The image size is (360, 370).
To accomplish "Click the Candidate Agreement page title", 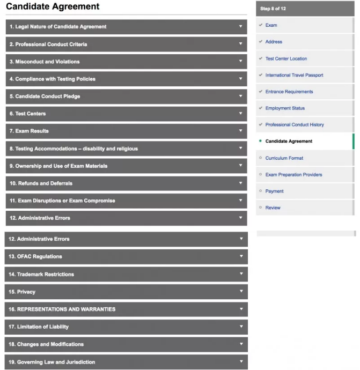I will [x=53, y=7].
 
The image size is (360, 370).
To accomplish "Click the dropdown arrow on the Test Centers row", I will [x=241, y=113].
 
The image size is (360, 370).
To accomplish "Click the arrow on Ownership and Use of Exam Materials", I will [x=241, y=165].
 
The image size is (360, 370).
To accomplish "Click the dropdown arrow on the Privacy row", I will [x=241, y=291].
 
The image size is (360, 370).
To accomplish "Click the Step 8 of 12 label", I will [x=273, y=9].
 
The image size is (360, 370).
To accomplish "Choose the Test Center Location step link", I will [x=286, y=58].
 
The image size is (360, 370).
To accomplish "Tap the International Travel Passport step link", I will [x=294, y=75].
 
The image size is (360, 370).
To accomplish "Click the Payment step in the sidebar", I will [x=274, y=191].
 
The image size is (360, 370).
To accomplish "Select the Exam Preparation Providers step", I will [x=293, y=174].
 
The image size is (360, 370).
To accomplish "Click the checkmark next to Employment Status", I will [x=260, y=108].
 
